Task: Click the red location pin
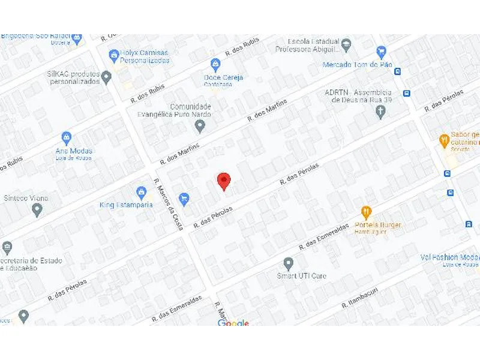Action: click(224, 181)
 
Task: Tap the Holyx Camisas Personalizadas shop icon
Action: click(114, 56)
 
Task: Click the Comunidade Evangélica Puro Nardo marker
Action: click(200, 126)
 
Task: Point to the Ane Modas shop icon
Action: click(67, 138)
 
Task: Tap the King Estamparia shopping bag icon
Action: click(142, 193)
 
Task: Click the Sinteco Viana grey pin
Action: click(37, 210)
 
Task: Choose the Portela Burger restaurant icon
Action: click(366, 212)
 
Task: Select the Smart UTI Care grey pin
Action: click(289, 263)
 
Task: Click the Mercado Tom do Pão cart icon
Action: click(380, 52)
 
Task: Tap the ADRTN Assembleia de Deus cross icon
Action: click(379, 113)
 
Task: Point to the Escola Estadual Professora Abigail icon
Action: click(346, 43)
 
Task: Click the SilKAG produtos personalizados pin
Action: click(106, 77)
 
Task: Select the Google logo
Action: click(233, 324)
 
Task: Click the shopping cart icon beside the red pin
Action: click(184, 197)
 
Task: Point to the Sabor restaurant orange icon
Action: click(444, 140)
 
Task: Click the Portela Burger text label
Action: click(378, 226)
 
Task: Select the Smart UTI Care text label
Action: click(301, 276)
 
